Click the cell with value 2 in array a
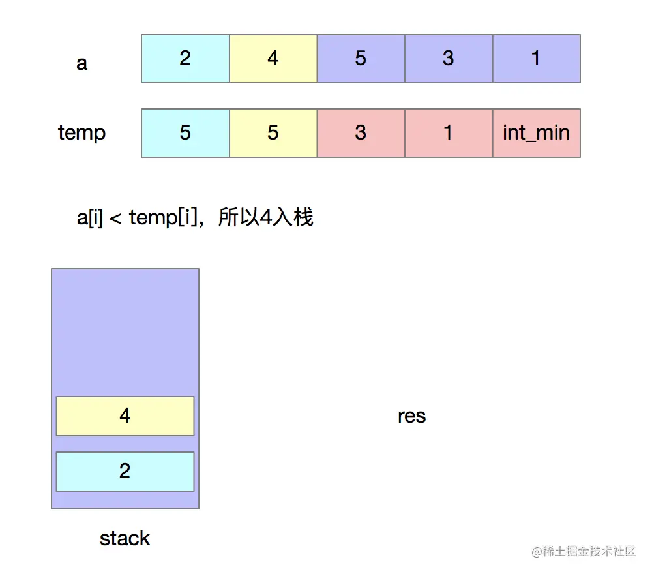coord(185,59)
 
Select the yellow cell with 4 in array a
coord(273,59)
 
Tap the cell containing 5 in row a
coord(361,59)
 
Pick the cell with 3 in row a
coord(449,59)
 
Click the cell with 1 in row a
coord(536,59)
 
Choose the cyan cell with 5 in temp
coord(185,133)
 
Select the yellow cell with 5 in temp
coord(273,133)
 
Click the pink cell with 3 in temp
coord(361,133)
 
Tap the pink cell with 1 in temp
coord(449,133)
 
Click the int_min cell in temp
coord(536,133)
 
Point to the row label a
coord(81,63)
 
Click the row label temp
coord(81,133)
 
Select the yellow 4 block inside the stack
coord(125,415)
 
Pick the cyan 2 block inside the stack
coord(125,471)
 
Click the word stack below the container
coord(125,538)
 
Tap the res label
coord(411,415)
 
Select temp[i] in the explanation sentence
coord(162,217)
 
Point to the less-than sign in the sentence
coord(115,218)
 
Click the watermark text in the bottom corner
coord(583,552)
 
